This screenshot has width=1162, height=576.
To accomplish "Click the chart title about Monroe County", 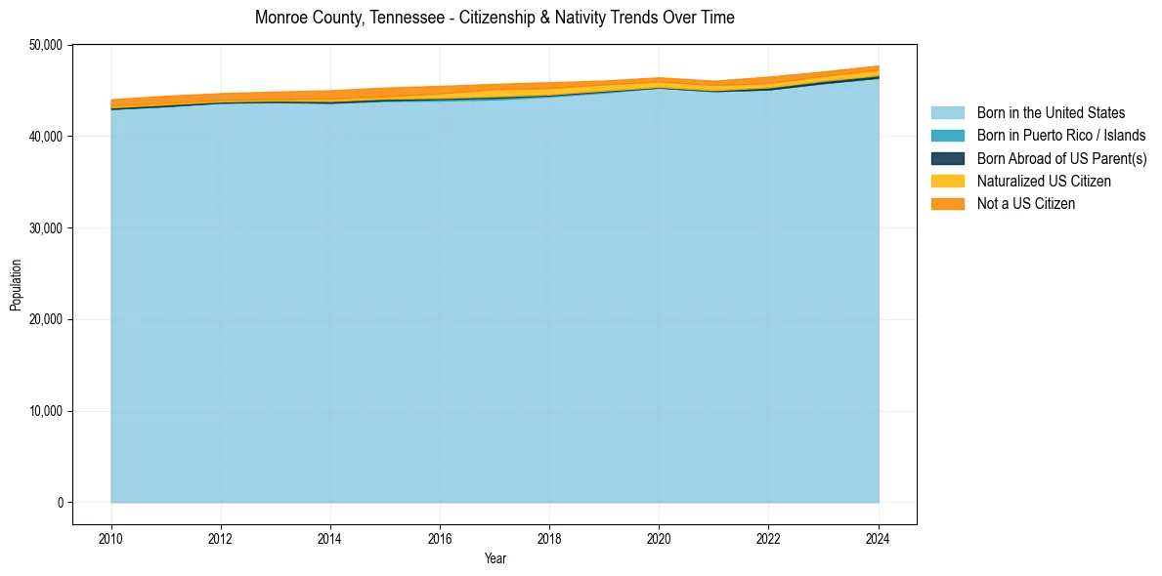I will [x=495, y=18].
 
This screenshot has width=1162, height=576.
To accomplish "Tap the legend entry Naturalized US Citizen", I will [x=1044, y=182].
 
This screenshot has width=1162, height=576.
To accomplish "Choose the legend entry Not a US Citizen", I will [x=1025, y=204].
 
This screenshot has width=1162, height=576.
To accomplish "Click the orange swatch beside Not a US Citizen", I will [x=947, y=204].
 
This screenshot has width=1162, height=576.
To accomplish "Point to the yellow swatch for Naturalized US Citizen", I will [x=947, y=182].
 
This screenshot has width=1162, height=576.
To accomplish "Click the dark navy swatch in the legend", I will [x=947, y=158].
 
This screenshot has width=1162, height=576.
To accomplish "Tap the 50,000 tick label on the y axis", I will [x=47, y=45].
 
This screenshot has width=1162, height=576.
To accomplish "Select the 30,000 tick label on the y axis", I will [x=47, y=228].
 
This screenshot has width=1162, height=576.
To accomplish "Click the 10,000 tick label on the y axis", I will [x=47, y=411].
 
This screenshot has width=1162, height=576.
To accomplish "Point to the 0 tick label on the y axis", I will [x=60, y=503].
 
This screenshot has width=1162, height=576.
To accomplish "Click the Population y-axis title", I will [x=16, y=285].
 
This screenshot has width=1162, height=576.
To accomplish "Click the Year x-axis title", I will [x=495, y=559].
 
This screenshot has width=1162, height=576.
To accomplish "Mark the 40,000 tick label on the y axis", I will [x=47, y=137].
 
